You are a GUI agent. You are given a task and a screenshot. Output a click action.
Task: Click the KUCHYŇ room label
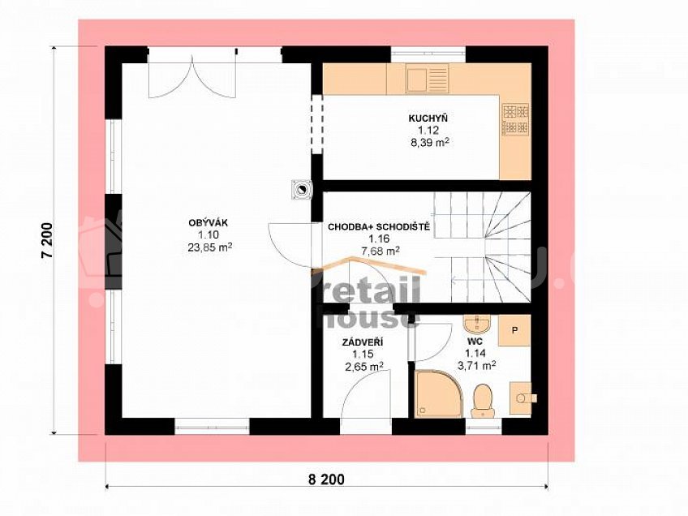[x=428, y=118]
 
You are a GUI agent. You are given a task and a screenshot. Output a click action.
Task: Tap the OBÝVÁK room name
[x=209, y=223]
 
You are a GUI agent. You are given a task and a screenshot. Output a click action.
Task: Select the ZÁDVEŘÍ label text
[x=363, y=342]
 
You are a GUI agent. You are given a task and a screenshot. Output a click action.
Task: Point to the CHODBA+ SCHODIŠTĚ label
[x=379, y=227]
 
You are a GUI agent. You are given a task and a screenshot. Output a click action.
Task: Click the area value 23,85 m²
[x=210, y=247]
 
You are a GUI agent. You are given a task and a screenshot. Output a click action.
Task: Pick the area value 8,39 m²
[x=428, y=142]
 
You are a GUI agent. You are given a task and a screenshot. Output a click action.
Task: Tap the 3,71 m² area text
[x=476, y=365]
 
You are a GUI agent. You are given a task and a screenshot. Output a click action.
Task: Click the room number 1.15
[x=363, y=354]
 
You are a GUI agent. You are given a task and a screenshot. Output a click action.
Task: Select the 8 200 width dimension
[x=326, y=479]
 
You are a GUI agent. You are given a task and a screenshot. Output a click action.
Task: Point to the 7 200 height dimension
[x=47, y=240]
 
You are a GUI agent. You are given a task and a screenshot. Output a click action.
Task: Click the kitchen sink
[x=427, y=78]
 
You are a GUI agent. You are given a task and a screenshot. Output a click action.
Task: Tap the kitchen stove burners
[x=515, y=120]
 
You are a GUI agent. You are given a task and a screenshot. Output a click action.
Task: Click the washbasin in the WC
[x=477, y=325]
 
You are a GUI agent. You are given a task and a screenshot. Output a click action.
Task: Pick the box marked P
[x=514, y=330]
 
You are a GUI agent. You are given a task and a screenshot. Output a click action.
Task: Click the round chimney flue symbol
[x=303, y=190]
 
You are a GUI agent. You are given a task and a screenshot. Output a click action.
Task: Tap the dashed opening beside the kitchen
[x=316, y=124]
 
